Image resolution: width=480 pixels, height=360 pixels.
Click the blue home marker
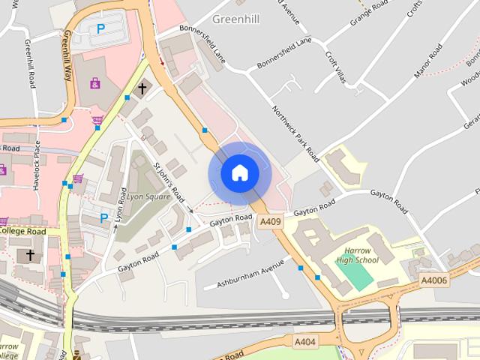239,173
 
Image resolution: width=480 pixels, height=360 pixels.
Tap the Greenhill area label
235,19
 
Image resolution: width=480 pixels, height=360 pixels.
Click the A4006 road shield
433,280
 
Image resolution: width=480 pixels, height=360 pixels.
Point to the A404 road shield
304,342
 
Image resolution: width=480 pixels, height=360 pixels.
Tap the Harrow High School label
357,256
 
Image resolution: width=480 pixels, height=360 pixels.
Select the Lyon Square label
148,196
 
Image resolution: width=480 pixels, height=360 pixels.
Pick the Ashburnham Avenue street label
251,274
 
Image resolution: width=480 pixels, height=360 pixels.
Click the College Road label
22,231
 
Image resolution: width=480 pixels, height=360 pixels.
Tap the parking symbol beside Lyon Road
104,218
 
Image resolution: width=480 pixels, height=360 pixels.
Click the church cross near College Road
30,256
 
